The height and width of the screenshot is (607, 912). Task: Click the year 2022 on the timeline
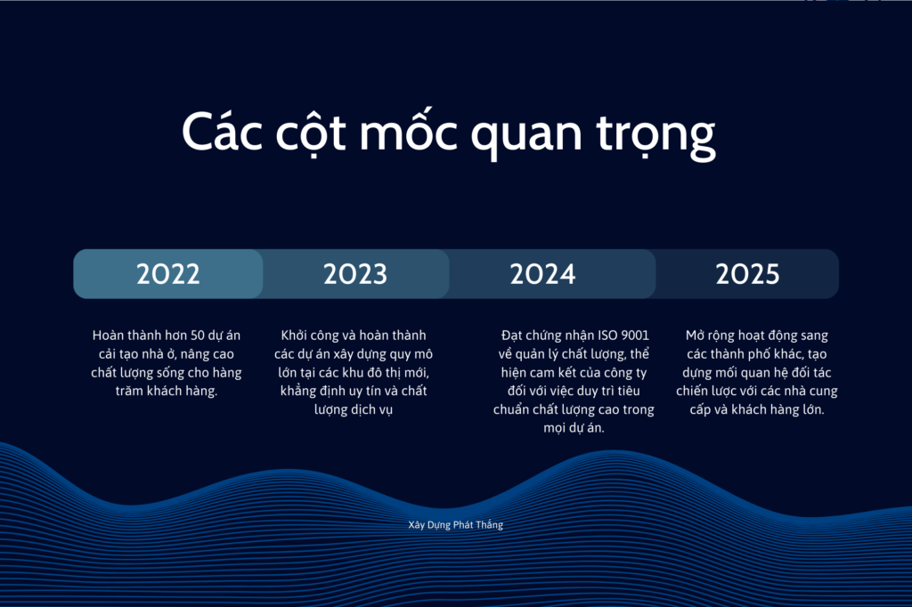tap(168, 274)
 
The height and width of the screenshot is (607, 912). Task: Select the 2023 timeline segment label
tap(355, 274)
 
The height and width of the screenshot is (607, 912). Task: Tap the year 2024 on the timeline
tap(542, 274)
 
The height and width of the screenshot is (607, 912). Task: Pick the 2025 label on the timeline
tap(747, 274)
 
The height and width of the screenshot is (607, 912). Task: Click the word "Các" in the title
tap(222, 132)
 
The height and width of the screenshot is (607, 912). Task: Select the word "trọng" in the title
tap(656, 136)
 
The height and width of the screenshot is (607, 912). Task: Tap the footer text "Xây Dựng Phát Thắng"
tap(455, 525)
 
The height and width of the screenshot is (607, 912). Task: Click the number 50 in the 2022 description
tap(198, 336)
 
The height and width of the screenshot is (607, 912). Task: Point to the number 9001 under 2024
tap(635, 336)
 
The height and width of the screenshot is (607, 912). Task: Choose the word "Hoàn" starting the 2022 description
tap(107, 336)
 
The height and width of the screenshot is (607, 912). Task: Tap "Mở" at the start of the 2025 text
tap(695, 336)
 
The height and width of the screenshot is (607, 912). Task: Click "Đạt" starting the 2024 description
tap(511, 336)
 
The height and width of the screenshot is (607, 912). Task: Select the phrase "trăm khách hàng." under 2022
tap(167, 391)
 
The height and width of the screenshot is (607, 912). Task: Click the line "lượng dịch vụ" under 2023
tap(354, 410)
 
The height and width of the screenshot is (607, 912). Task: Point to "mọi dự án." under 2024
tap(574, 428)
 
